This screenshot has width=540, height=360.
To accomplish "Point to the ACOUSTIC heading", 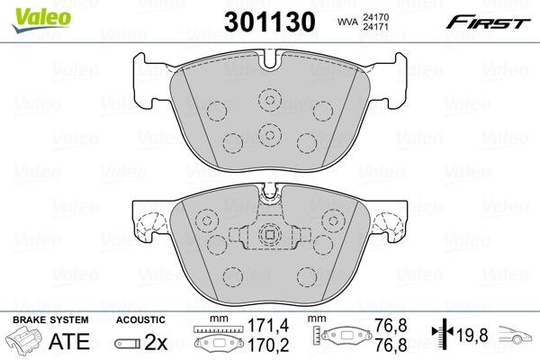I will point(139,319).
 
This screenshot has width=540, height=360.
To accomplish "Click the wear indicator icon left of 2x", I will point(128,343).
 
